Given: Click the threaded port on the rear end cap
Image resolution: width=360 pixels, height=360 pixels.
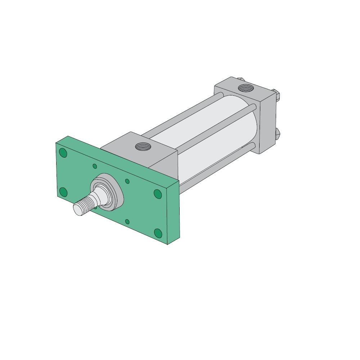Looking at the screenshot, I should coord(246,87).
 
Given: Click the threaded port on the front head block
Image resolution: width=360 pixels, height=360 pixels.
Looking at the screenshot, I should coord(140,147).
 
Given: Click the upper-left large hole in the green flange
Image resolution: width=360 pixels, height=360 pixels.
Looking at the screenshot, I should coord(63,153).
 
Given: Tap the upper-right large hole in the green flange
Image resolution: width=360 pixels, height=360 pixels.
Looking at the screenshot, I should coord(157,194).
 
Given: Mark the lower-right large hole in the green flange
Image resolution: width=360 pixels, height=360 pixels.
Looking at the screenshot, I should coord(158,233).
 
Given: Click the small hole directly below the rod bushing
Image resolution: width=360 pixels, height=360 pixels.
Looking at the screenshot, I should coord(127,221).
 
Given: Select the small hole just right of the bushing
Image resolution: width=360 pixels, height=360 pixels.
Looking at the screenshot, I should coord(127,181).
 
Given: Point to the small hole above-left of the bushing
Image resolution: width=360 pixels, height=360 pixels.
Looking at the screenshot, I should coord(95,166).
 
